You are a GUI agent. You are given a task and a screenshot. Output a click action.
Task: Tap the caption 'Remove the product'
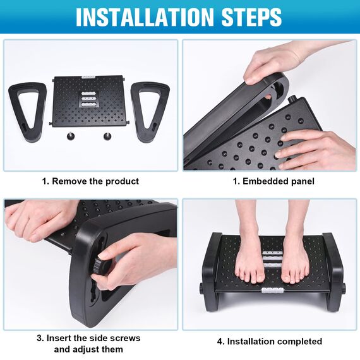click(x=95, y=181)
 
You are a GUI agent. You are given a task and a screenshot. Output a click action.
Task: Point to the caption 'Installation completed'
click(x=275, y=342)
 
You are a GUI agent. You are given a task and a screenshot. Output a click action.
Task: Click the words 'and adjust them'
click(x=88, y=349)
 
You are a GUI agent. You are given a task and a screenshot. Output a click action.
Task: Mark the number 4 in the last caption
click(x=220, y=342)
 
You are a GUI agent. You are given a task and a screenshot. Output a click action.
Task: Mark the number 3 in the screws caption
click(x=40, y=338)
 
